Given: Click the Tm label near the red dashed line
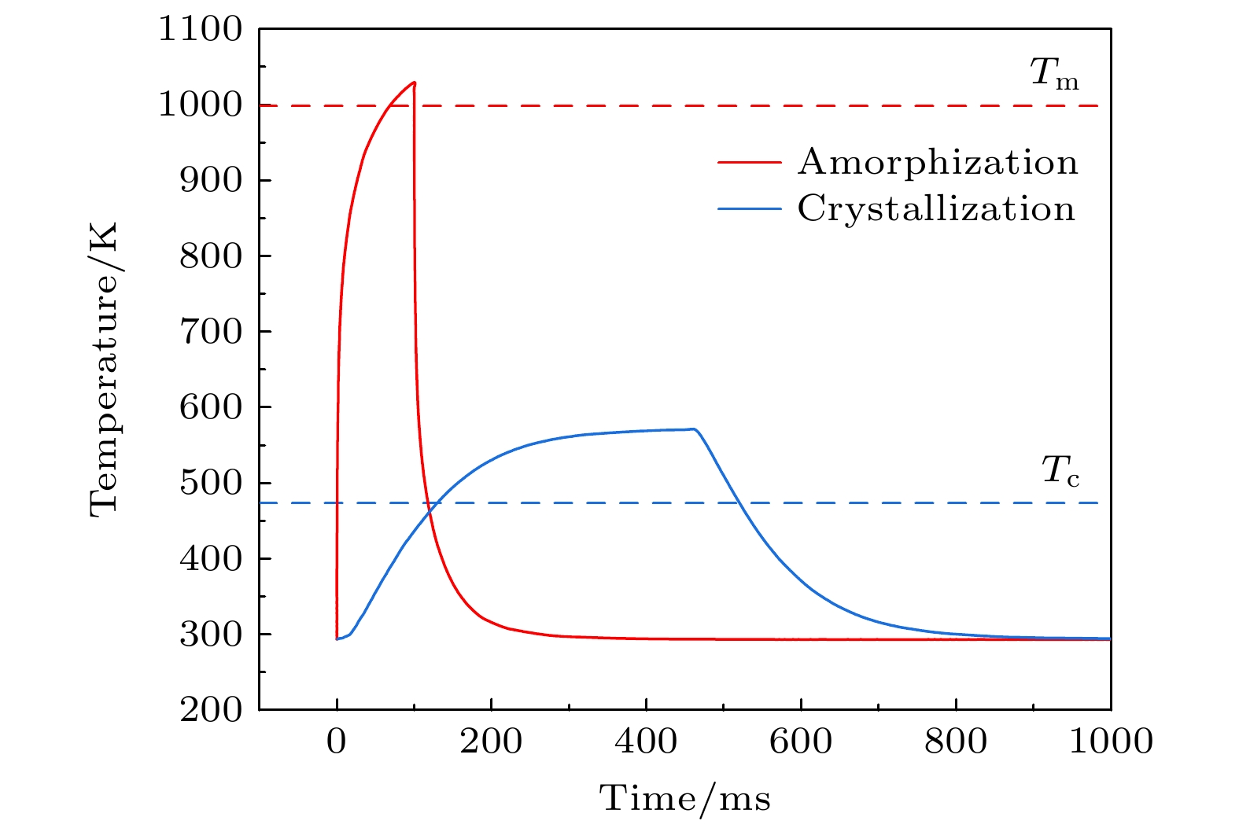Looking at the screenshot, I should [1054, 76].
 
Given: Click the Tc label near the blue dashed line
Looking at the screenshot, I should [1060, 472].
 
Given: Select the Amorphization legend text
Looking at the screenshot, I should [938, 163].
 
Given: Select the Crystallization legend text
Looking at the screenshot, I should [936, 209].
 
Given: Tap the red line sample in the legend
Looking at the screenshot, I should [750, 163].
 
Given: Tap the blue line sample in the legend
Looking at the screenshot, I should [750, 209].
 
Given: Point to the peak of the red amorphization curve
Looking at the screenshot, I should [414, 82].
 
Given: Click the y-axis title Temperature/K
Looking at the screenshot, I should [104, 369].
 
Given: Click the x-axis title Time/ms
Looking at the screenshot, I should [685, 799].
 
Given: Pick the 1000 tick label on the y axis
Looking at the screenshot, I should [201, 105].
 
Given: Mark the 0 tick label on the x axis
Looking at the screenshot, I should [337, 742].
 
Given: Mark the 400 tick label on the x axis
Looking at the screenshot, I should [646, 742].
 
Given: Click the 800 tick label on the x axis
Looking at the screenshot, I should [955, 742].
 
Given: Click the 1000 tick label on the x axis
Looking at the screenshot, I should [1110, 742].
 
